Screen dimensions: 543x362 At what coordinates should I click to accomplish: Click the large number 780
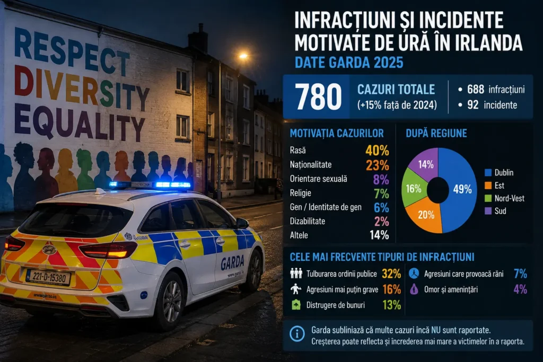tap(318, 96)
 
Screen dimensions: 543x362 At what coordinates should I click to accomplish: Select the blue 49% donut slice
tap(461, 190)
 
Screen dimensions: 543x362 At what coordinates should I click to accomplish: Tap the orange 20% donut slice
tap(425, 216)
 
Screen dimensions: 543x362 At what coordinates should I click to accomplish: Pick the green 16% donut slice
tap(414, 189)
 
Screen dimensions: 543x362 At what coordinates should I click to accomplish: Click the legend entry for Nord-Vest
tap(504, 198)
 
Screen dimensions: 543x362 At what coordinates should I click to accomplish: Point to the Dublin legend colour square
tap(488, 173)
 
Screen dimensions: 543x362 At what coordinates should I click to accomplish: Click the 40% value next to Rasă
tap(377, 151)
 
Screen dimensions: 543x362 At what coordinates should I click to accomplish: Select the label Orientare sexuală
tap(318, 179)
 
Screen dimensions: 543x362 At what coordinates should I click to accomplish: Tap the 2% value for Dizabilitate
tap(381, 222)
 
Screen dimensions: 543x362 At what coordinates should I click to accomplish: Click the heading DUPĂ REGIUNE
tap(436, 133)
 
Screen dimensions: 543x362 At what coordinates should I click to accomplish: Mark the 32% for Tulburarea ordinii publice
tap(391, 273)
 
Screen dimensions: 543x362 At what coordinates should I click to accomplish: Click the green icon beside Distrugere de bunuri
tap(296, 305)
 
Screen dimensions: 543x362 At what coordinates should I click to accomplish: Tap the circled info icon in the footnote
tap(297, 334)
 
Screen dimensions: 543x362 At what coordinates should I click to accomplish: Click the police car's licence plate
tap(48, 277)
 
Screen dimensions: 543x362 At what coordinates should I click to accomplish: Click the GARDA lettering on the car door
tap(232, 263)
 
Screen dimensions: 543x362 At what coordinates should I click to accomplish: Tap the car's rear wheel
tap(170, 301)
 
